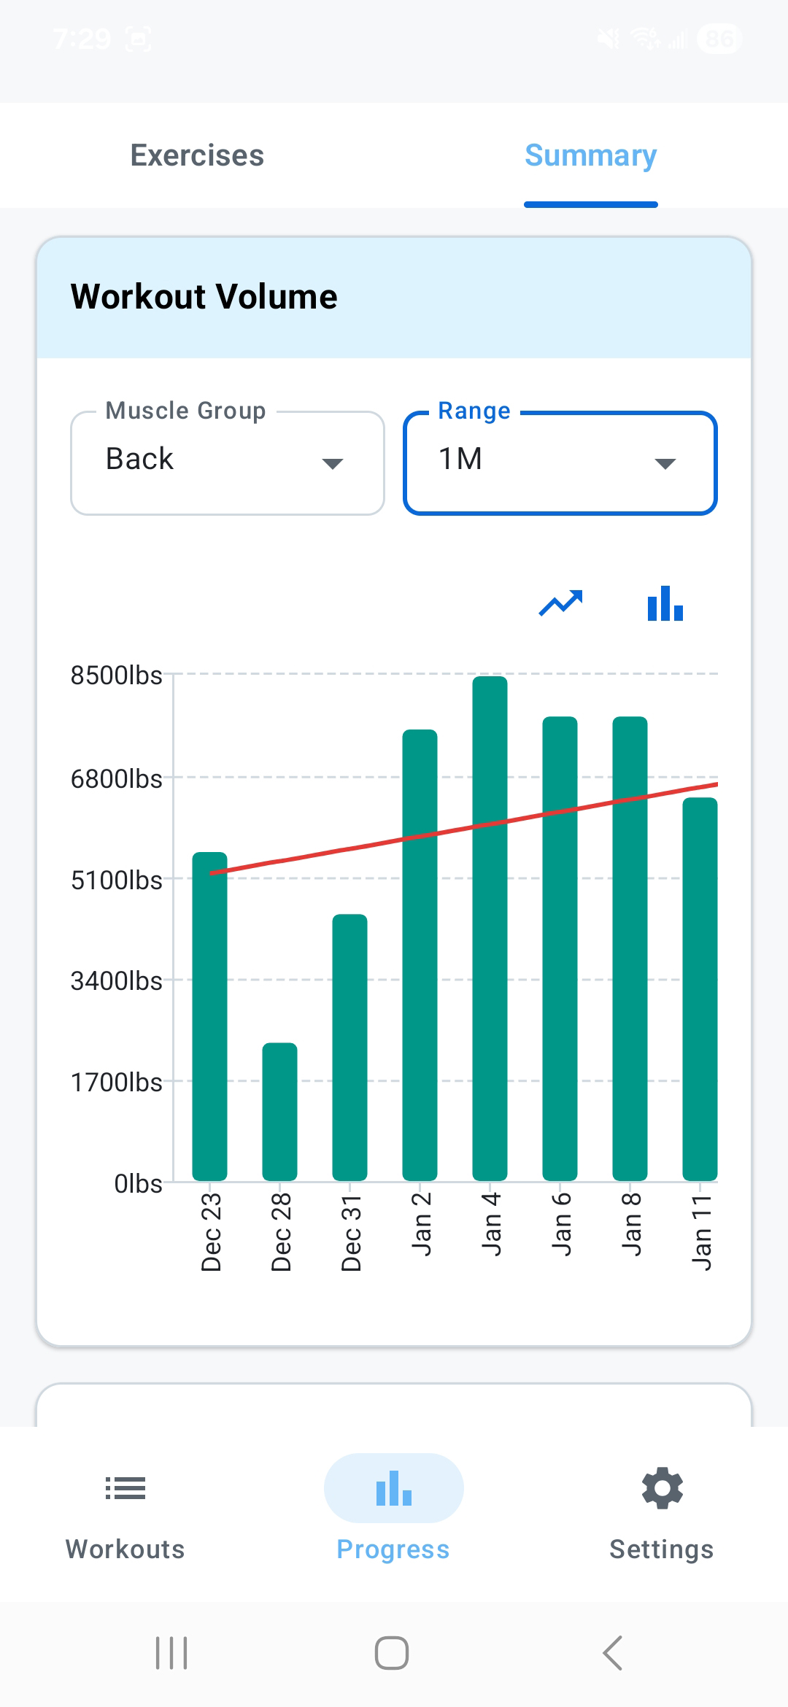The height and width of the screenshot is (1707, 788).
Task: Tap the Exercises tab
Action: point(197,155)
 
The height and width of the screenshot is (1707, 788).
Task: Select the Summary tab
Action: point(590,155)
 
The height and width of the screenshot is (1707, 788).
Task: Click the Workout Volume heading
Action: point(204,297)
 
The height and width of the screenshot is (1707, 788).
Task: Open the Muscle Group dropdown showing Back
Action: point(227,462)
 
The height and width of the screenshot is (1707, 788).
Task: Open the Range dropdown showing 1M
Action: point(560,462)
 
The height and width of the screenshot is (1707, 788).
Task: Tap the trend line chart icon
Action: point(560,603)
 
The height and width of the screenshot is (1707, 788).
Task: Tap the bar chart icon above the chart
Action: point(665,603)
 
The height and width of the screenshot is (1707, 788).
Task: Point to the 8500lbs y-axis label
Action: point(117,676)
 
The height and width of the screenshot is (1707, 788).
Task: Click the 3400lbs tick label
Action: point(117,981)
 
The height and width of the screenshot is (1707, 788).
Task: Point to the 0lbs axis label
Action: point(138,1183)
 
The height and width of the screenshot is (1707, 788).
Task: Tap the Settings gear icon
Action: point(662,1488)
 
